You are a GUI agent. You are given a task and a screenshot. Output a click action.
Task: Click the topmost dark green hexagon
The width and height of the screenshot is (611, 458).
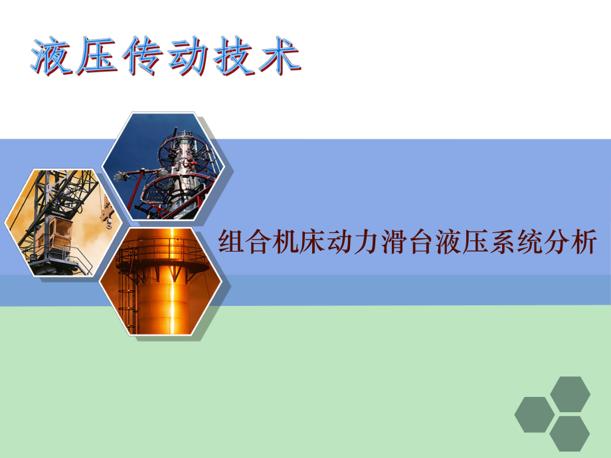570,393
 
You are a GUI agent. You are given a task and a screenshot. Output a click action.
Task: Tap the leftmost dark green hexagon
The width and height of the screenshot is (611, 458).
535,414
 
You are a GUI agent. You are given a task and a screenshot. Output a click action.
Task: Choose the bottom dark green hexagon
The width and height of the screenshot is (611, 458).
570,434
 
